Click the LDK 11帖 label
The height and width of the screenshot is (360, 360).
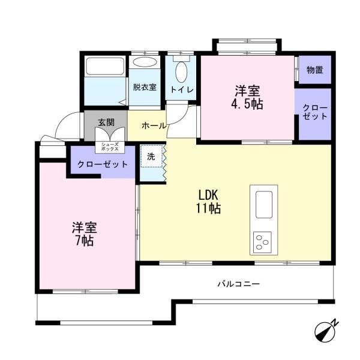[208, 202]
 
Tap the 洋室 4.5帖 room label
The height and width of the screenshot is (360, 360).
[247, 97]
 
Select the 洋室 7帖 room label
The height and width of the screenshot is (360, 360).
[85, 234]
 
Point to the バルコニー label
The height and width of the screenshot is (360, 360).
[239, 284]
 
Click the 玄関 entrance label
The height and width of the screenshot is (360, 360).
[106, 122]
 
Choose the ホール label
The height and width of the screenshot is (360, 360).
[154, 125]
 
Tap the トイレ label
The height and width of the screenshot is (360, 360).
[182, 89]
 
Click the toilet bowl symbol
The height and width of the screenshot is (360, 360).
[181, 71]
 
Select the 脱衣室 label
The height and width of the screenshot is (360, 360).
[145, 87]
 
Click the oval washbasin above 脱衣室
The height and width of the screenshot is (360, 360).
[145, 62]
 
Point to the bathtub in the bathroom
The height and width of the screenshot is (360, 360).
[105, 66]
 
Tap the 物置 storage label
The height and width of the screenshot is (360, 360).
[315, 70]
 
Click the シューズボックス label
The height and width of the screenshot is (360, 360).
[110, 147]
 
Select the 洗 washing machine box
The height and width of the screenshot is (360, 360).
[152, 156]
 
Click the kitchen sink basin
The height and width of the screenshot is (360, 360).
[264, 205]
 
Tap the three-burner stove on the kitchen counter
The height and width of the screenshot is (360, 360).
[262, 242]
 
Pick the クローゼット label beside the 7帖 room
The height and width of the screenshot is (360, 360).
[103, 164]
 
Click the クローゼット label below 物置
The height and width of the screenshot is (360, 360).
[314, 112]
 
